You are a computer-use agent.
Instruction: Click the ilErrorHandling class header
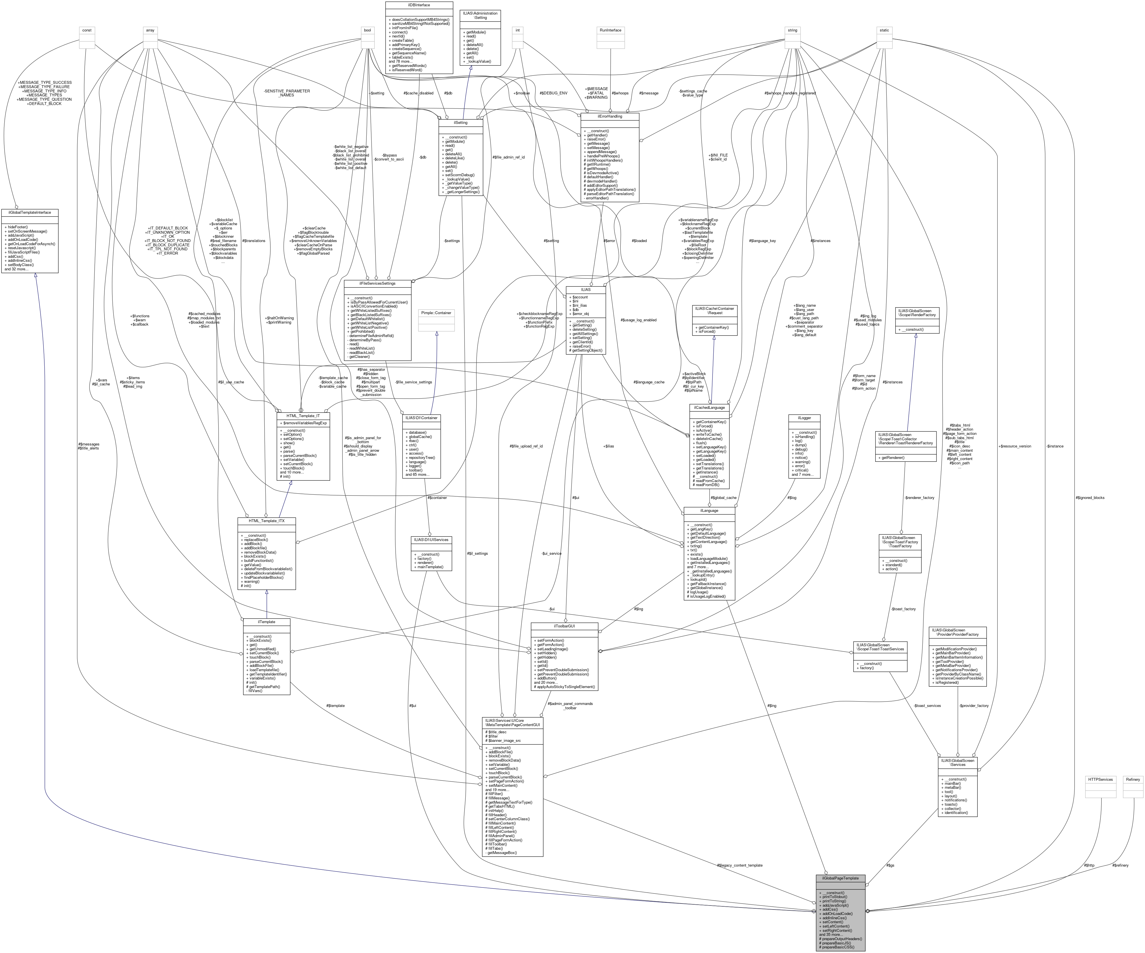610,116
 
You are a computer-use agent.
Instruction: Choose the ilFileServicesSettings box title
377,284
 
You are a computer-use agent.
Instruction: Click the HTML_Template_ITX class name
267,521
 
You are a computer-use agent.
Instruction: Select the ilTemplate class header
267,622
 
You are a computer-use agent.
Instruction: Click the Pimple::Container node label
436,313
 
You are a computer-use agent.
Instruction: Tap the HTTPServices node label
1100,780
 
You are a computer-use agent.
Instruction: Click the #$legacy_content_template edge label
739,865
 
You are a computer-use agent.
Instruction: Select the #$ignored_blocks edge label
1090,498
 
